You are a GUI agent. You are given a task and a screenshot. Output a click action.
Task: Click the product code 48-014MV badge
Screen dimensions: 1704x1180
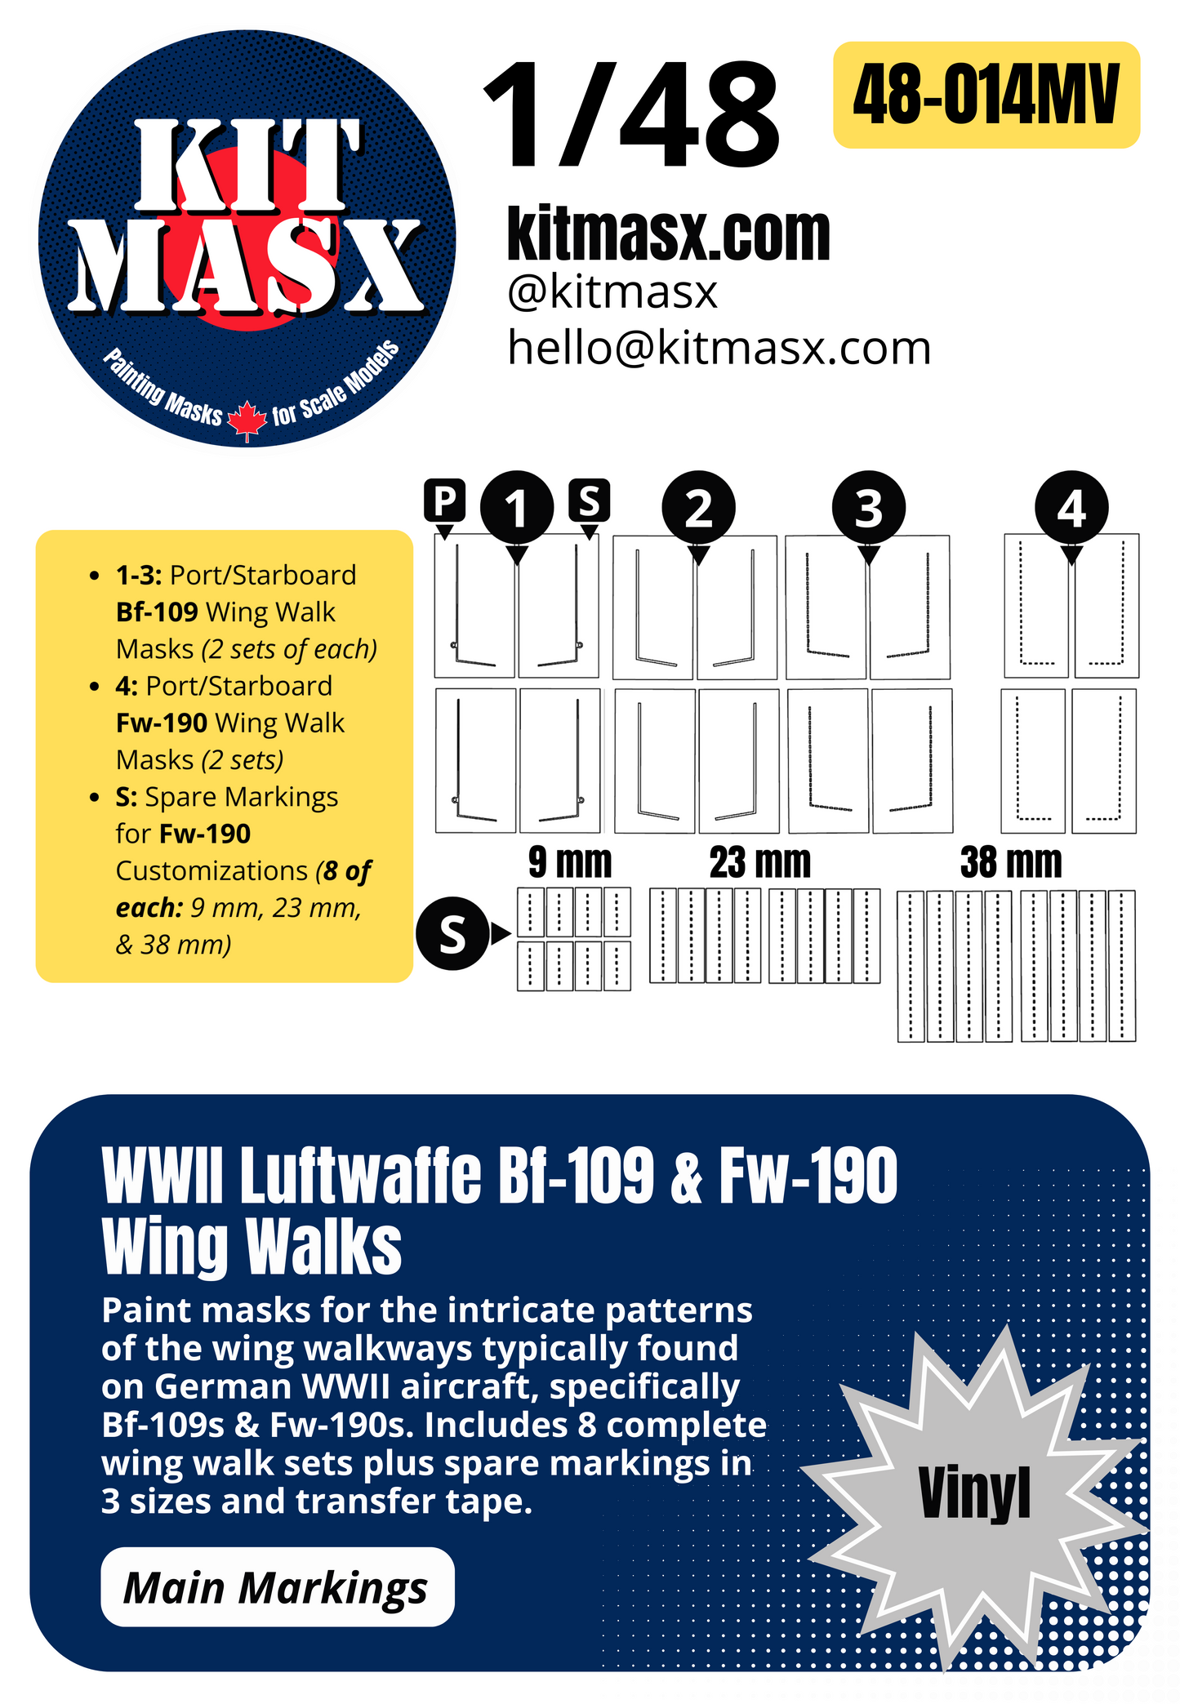click(x=986, y=95)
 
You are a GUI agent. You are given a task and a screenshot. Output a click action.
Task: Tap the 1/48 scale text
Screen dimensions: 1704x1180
click(x=631, y=115)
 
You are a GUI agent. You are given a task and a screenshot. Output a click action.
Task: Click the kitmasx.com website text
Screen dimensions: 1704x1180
click(x=668, y=234)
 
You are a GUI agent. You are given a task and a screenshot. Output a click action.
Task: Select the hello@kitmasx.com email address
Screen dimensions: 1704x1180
click(x=719, y=348)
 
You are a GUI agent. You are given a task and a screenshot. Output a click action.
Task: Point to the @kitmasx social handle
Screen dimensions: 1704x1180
click(x=612, y=292)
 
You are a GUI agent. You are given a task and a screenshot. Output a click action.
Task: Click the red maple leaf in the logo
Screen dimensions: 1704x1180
click(x=247, y=420)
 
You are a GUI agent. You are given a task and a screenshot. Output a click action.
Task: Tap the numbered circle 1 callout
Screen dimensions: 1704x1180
click(x=516, y=508)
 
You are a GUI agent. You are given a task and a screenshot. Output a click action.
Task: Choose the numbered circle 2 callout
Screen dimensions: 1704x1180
click(x=698, y=508)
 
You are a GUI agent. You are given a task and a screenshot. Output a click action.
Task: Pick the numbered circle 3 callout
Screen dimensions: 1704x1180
click(x=868, y=508)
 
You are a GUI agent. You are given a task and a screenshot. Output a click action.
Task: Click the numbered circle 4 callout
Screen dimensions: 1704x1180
click(x=1071, y=508)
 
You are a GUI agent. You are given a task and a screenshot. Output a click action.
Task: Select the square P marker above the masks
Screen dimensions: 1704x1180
click(x=445, y=500)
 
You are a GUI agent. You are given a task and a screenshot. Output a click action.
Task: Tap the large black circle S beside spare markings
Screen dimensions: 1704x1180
click(x=452, y=933)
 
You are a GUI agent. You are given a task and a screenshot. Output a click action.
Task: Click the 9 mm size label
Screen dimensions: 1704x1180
click(x=569, y=862)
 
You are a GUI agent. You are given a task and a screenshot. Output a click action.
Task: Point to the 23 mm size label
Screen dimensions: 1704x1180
click(x=759, y=862)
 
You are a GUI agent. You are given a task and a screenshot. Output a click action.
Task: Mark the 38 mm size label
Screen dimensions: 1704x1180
click(x=1011, y=862)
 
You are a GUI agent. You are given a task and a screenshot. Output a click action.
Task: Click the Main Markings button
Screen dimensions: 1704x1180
click(x=277, y=1587)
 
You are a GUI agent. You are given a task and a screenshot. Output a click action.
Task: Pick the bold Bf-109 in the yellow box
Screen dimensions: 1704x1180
click(x=157, y=612)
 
